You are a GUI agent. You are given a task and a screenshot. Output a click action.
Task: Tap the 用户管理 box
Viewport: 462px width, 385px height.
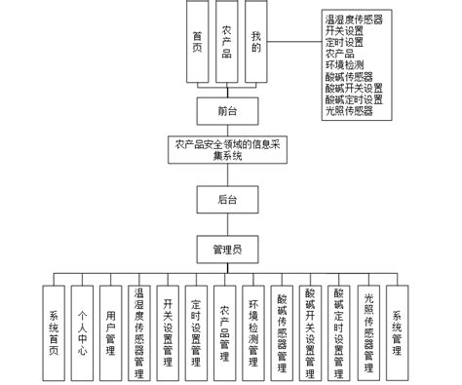click(x=111, y=330)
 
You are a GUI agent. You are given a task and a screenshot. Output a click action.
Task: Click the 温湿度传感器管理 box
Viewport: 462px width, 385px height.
click(x=139, y=330)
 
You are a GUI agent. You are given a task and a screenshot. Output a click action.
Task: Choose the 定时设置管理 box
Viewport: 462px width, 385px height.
click(x=196, y=330)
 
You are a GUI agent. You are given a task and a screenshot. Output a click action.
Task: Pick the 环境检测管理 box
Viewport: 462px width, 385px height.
click(x=253, y=330)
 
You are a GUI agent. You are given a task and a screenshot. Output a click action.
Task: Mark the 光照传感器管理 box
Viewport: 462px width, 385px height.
click(x=368, y=330)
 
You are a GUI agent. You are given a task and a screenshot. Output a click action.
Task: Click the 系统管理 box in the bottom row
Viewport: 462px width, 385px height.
click(x=397, y=330)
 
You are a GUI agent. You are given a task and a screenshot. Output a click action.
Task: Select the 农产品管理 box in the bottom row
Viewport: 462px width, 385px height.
click(x=225, y=330)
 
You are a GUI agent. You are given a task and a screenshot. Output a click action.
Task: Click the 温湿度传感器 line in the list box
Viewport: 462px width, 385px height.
click(x=354, y=19)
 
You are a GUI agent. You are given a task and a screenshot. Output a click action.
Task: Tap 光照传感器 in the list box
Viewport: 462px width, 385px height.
click(x=349, y=111)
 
